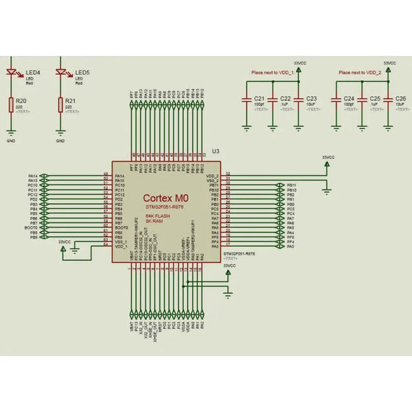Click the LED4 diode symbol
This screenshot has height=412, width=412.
tap(11, 73)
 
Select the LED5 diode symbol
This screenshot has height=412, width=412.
tap(60, 73)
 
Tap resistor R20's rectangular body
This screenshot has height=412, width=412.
tap(11, 104)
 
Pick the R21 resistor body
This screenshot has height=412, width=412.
tap(60, 104)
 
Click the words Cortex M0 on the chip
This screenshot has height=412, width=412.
tap(165, 197)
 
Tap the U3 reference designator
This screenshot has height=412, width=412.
tap(216, 150)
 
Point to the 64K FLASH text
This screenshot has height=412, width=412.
tap(158, 216)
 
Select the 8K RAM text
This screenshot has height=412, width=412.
tap(154, 221)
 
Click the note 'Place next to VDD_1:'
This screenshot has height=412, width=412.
tap(273, 72)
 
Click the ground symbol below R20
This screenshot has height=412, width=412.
tap(11, 133)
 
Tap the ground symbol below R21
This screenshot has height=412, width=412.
tap(60, 133)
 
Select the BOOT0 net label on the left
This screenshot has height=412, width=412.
tap(32, 227)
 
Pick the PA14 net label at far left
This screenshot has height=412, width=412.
tap(33, 176)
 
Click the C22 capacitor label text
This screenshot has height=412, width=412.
tap(285, 99)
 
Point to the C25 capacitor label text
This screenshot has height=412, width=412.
tap(375, 99)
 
